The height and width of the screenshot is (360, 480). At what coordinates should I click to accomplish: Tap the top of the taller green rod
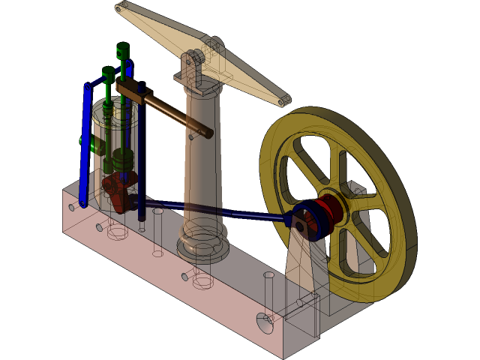(x=123, y=51)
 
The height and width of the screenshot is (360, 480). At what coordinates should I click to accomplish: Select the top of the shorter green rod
(x=108, y=73)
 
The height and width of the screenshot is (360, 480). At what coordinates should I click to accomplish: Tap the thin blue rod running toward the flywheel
(x=217, y=211)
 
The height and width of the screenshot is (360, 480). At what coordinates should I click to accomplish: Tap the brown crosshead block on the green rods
(x=129, y=91)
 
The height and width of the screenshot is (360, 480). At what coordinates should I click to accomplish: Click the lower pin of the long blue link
(x=82, y=202)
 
